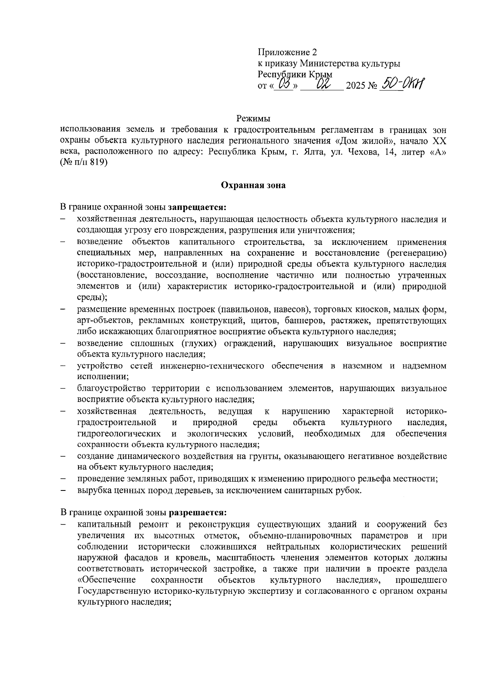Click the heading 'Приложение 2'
click(287, 52)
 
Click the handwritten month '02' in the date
click(322, 84)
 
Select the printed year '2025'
click(355, 86)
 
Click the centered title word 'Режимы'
click(253, 119)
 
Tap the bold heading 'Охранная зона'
click(253, 185)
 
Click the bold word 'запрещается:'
click(197, 208)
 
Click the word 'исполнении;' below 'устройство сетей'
click(103, 377)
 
